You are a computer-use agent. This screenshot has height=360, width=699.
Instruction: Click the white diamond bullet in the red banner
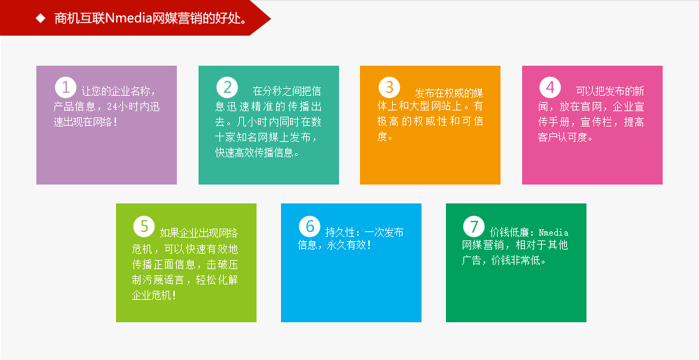[x=41, y=18]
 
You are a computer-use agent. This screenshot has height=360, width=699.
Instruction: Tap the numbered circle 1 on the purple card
[x=66, y=87]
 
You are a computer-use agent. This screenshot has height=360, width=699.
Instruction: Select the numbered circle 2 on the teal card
[x=227, y=87]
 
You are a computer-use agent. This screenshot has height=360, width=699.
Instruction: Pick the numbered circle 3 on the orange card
[x=389, y=87]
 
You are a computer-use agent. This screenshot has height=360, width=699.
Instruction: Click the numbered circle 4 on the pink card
[x=550, y=87]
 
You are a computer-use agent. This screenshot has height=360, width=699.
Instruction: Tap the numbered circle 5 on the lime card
[x=144, y=226]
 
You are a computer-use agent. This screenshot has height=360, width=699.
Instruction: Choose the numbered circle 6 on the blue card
[x=310, y=226]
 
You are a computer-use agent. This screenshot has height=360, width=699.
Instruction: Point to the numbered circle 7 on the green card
[x=474, y=226]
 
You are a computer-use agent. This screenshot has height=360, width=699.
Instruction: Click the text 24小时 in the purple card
[x=123, y=107]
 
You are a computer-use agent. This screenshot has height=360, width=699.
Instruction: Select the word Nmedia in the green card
[x=554, y=233]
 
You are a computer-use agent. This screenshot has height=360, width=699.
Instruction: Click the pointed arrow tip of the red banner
[x=270, y=18]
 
